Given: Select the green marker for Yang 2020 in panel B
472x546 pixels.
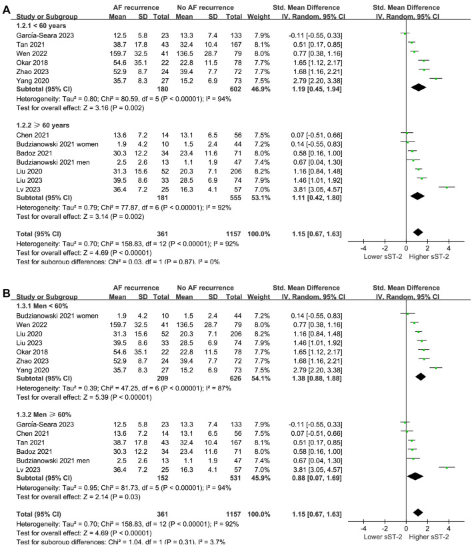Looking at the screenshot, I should pos(435,366).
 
